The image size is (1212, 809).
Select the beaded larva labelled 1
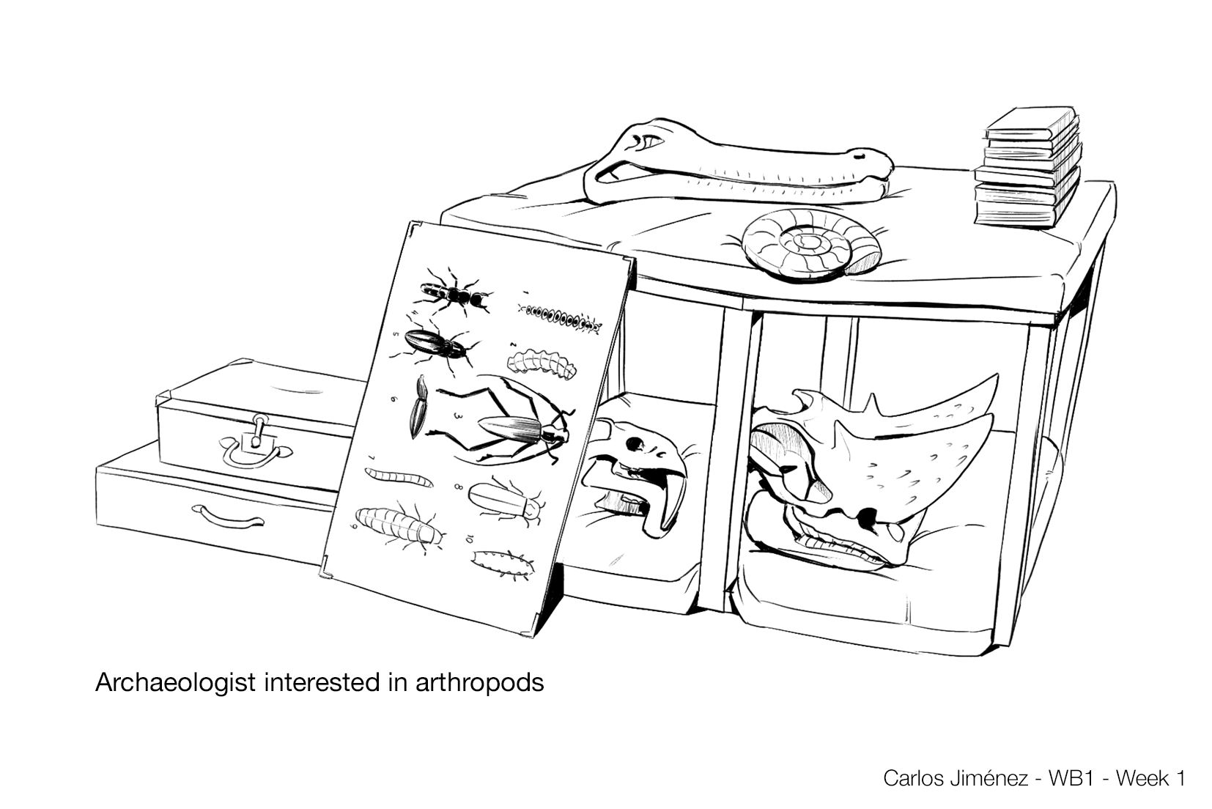tap(561, 317)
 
